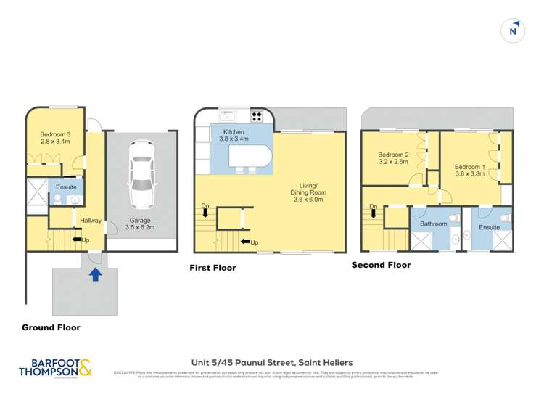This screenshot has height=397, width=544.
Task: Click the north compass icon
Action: (514, 30)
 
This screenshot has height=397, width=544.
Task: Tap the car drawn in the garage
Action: (141, 174)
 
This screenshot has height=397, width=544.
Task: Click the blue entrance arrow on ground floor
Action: (94, 274)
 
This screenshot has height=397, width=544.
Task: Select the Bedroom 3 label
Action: (54, 134)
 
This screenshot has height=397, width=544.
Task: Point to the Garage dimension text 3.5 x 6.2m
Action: (141, 228)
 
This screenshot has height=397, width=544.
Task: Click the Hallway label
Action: (91, 221)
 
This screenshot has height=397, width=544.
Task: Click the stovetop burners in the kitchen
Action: (257, 115)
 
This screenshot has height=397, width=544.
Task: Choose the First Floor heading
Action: (213, 268)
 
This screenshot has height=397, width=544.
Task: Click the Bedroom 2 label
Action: (393, 155)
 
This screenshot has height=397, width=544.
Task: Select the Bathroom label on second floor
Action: (434, 224)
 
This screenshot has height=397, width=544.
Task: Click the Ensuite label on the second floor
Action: (489, 227)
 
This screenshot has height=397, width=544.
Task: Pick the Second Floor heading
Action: (381, 265)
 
